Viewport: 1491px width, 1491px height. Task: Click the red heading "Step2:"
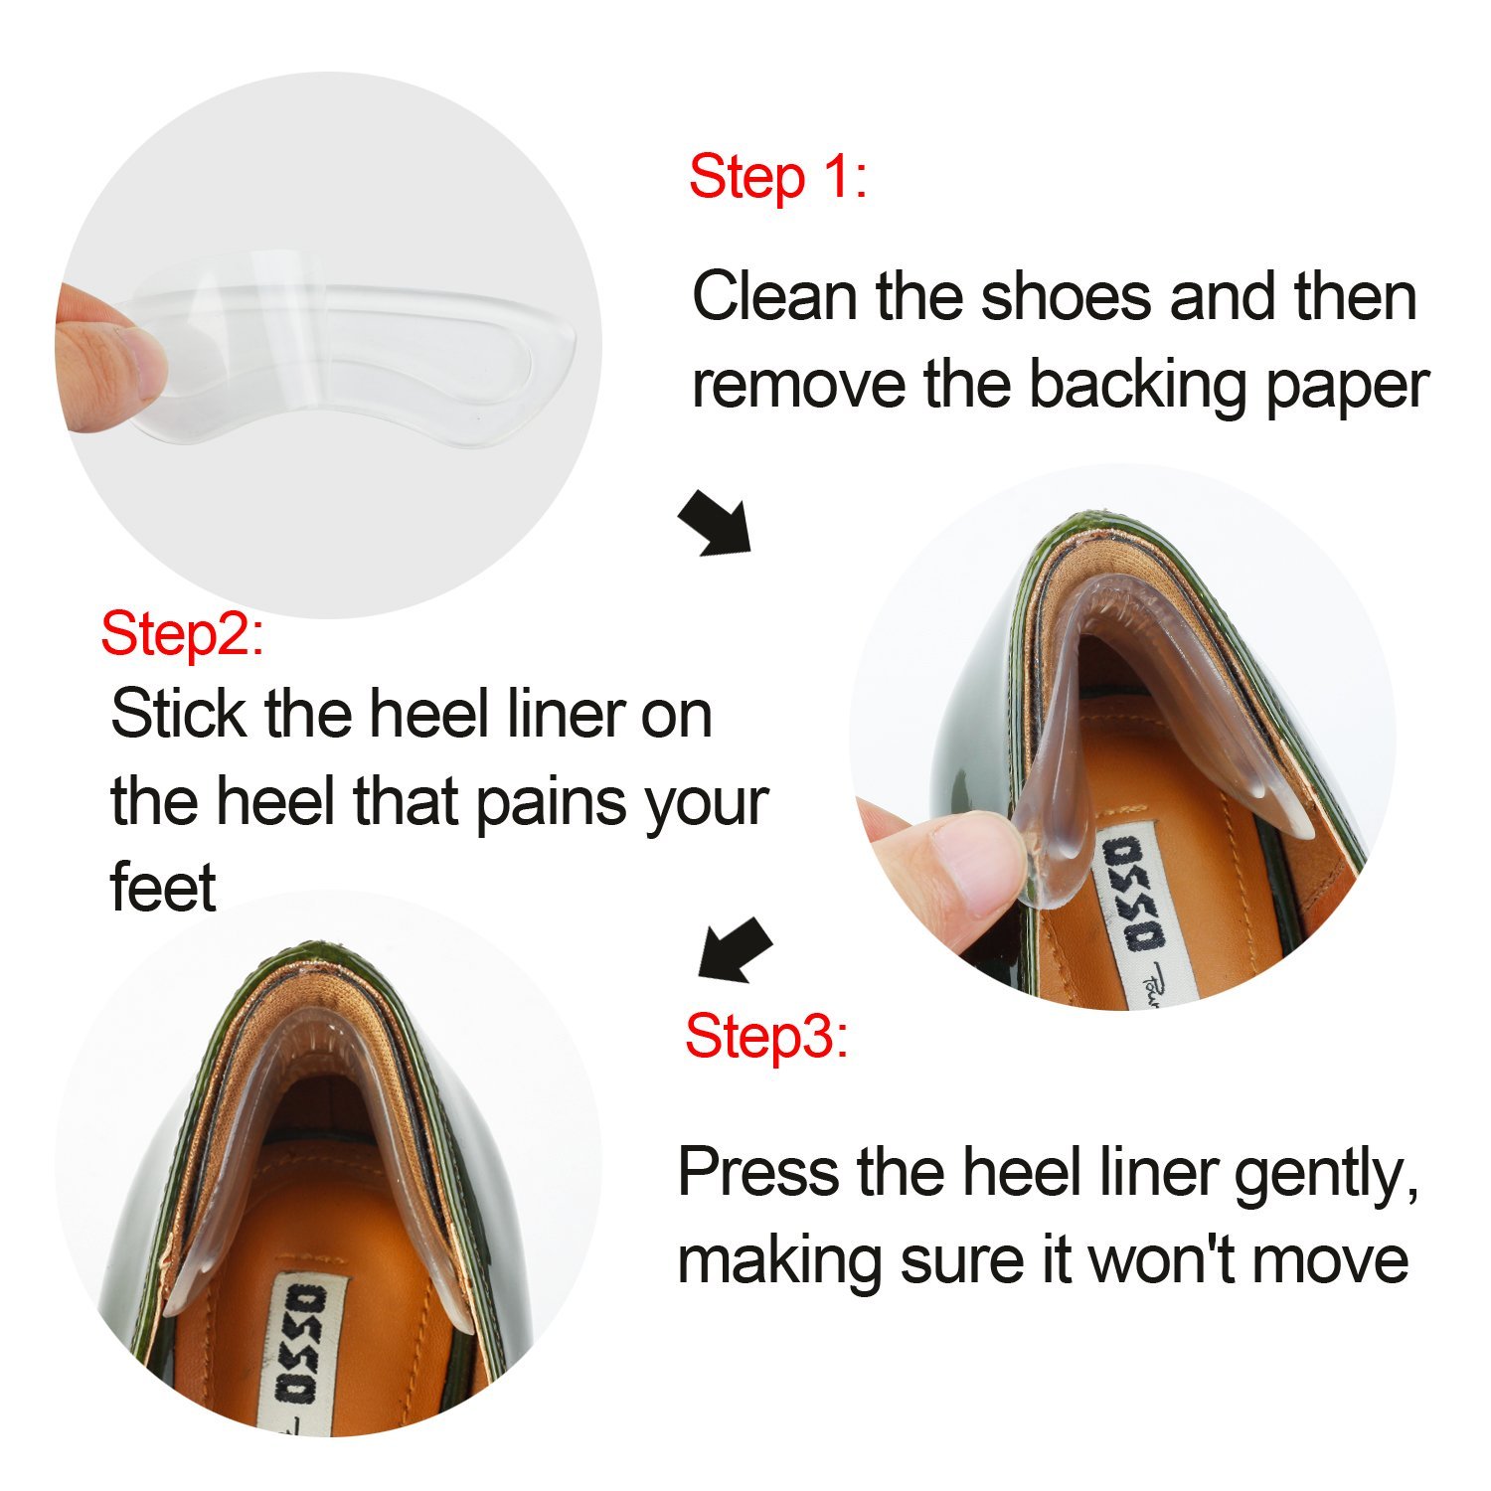coord(183,634)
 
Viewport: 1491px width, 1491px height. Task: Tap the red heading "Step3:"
coord(766,1037)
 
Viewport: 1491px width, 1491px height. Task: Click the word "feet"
coord(163,888)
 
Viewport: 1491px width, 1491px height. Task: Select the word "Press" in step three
coord(758,1173)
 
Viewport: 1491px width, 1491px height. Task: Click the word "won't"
coord(1161,1260)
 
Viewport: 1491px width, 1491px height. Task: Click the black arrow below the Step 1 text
coord(715,522)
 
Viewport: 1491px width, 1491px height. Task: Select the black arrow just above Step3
coord(735,950)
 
